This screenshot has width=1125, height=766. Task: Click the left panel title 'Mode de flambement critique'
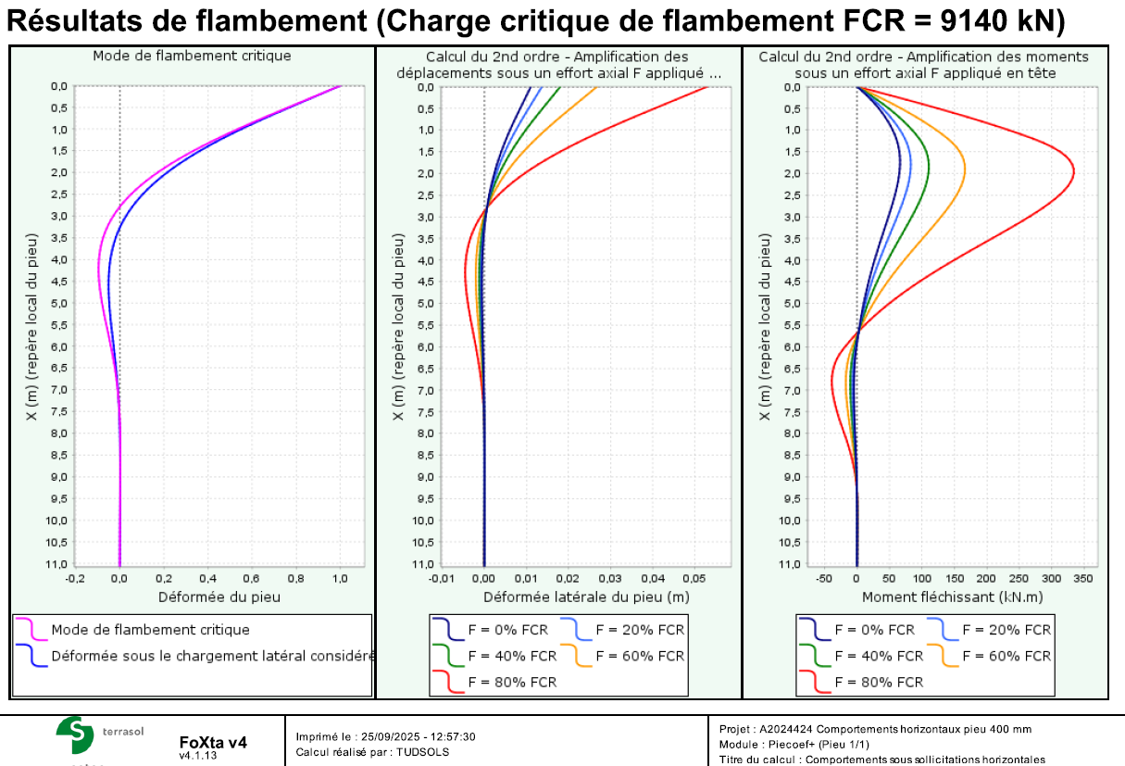point(192,56)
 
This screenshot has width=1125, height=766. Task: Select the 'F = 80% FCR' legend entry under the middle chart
point(512,682)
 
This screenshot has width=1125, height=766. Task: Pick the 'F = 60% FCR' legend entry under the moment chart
point(1006,656)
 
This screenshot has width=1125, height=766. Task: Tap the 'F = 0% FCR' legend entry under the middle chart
point(507,630)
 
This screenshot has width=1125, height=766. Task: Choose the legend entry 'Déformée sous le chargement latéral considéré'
point(212,656)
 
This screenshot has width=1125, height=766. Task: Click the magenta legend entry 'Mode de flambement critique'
point(150,630)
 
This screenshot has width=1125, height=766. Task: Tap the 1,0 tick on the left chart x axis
point(340,579)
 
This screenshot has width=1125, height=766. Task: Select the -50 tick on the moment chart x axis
point(824,579)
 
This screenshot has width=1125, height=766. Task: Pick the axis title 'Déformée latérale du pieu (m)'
point(586,597)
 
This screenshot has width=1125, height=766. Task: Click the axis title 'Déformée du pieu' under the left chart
point(219,597)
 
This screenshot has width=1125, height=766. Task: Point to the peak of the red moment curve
point(1074,173)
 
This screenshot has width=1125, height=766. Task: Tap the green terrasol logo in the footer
point(75,735)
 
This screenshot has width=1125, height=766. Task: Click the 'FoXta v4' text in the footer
point(213,742)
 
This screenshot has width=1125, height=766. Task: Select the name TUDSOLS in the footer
point(423,751)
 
